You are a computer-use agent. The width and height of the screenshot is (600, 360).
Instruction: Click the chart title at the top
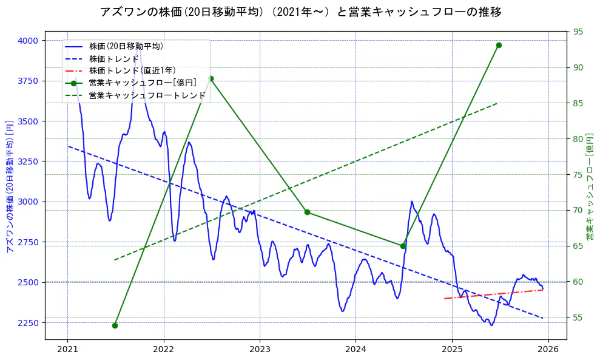pos(300,12)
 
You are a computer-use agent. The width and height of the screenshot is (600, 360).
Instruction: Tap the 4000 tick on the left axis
pos(27,41)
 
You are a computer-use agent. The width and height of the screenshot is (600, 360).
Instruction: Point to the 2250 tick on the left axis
pos(27,323)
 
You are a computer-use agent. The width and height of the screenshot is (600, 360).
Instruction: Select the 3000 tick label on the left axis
pos(27,202)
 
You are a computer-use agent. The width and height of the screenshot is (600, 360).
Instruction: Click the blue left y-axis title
pos(9,186)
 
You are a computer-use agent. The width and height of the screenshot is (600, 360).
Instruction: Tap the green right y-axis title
pos(590,186)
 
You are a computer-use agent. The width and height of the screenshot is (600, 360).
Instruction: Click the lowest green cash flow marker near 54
pos(115,325)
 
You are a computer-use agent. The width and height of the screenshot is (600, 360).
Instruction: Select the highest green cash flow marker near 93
pos(499,45)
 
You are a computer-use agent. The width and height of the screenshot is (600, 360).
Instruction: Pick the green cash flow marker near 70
pos(307,212)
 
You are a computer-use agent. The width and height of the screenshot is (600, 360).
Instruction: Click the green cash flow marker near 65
pos(403,246)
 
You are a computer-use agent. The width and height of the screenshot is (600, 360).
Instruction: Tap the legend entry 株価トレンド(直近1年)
pos(132,70)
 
